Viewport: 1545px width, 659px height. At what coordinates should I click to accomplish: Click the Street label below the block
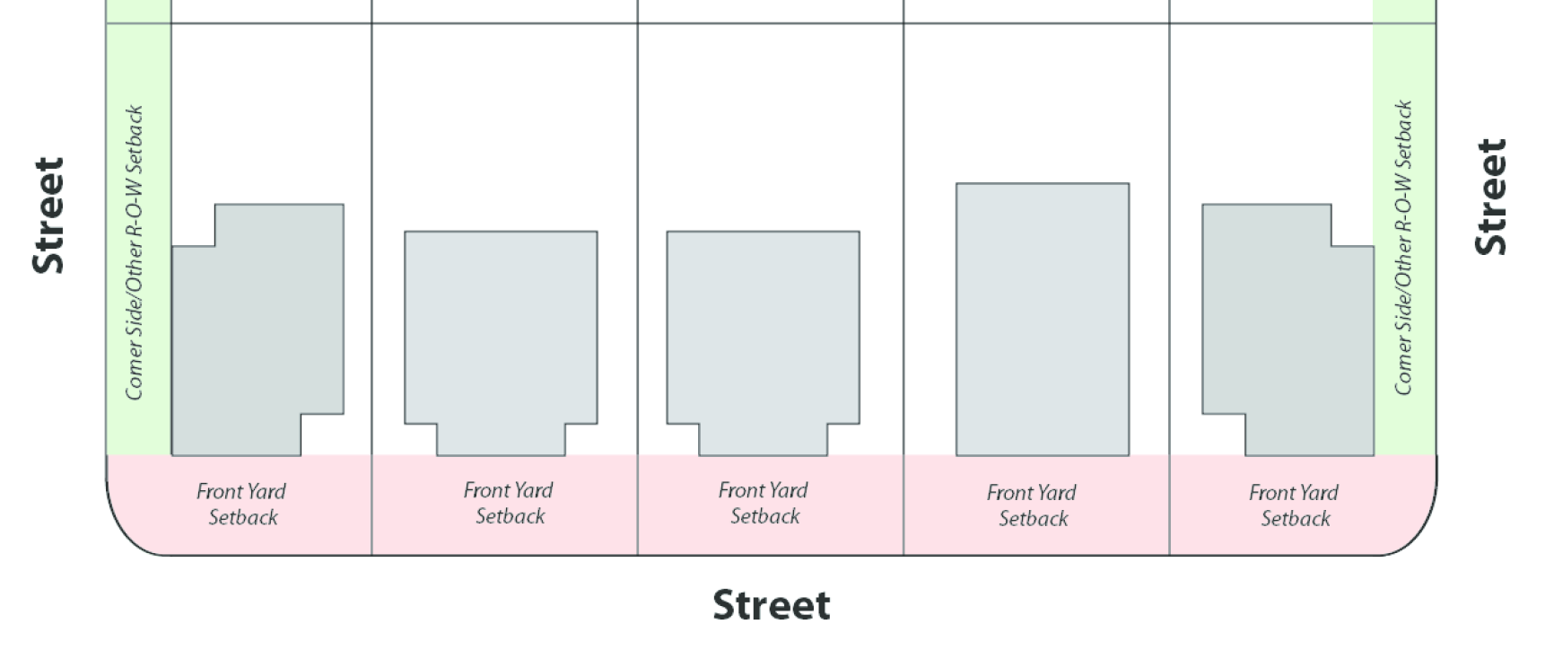[x=771, y=605]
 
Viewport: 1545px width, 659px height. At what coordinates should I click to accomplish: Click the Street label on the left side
[x=48, y=215]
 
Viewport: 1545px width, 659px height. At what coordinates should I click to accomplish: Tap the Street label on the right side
[x=1491, y=198]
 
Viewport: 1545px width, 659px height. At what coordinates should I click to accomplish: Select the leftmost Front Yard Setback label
[x=241, y=505]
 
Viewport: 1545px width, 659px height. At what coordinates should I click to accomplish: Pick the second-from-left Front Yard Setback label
[x=509, y=504]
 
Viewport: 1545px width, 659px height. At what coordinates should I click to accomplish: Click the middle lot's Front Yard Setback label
[x=764, y=504]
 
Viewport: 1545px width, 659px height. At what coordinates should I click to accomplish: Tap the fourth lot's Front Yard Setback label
[x=1032, y=505]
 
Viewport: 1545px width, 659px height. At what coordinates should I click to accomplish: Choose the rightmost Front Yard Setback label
[x=1294, y=505]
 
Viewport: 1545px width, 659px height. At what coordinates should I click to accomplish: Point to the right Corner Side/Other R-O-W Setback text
[x=1403, y=248]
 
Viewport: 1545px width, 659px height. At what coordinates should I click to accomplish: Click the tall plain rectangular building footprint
[x=1042, y=320]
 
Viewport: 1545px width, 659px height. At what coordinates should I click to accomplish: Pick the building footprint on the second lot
[x=501, y=332]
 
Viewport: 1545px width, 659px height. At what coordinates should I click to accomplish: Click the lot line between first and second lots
[x=371, y=269]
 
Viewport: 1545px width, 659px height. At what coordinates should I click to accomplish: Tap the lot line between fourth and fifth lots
[x=1169, y=269]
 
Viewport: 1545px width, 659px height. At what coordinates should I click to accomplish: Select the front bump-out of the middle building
[x=764, y=440]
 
